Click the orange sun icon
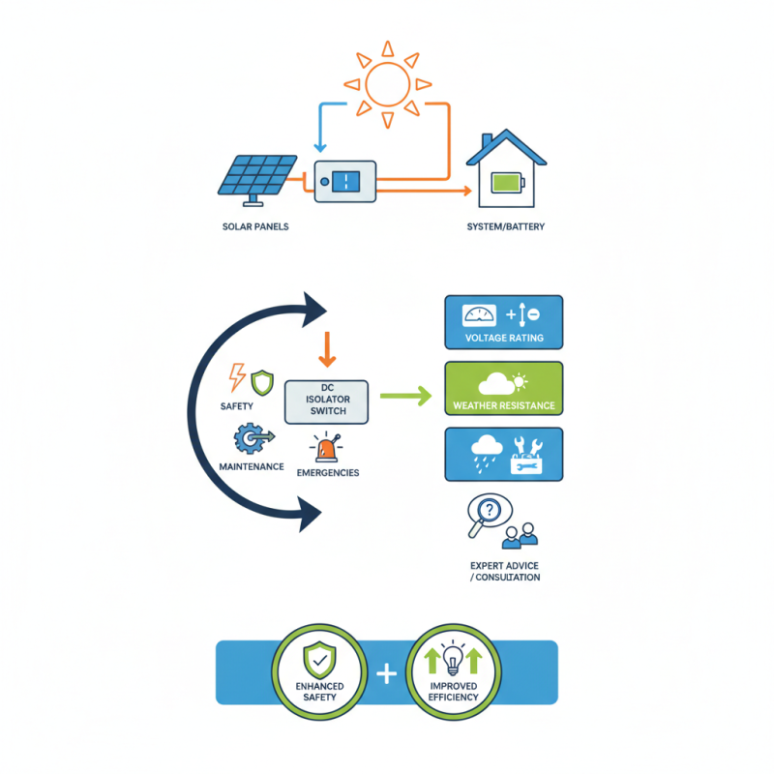click(387, 84)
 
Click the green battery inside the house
click(505, 182)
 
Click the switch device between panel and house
click(345, 181)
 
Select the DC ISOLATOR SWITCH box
click(327, 401)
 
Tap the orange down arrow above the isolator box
click(327, 349)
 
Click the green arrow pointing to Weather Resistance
click(404, 395)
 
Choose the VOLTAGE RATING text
click(503, 339)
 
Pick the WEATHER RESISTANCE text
click(503, 405)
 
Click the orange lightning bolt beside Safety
click(236, 376)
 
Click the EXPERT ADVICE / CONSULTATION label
click(504, 570)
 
